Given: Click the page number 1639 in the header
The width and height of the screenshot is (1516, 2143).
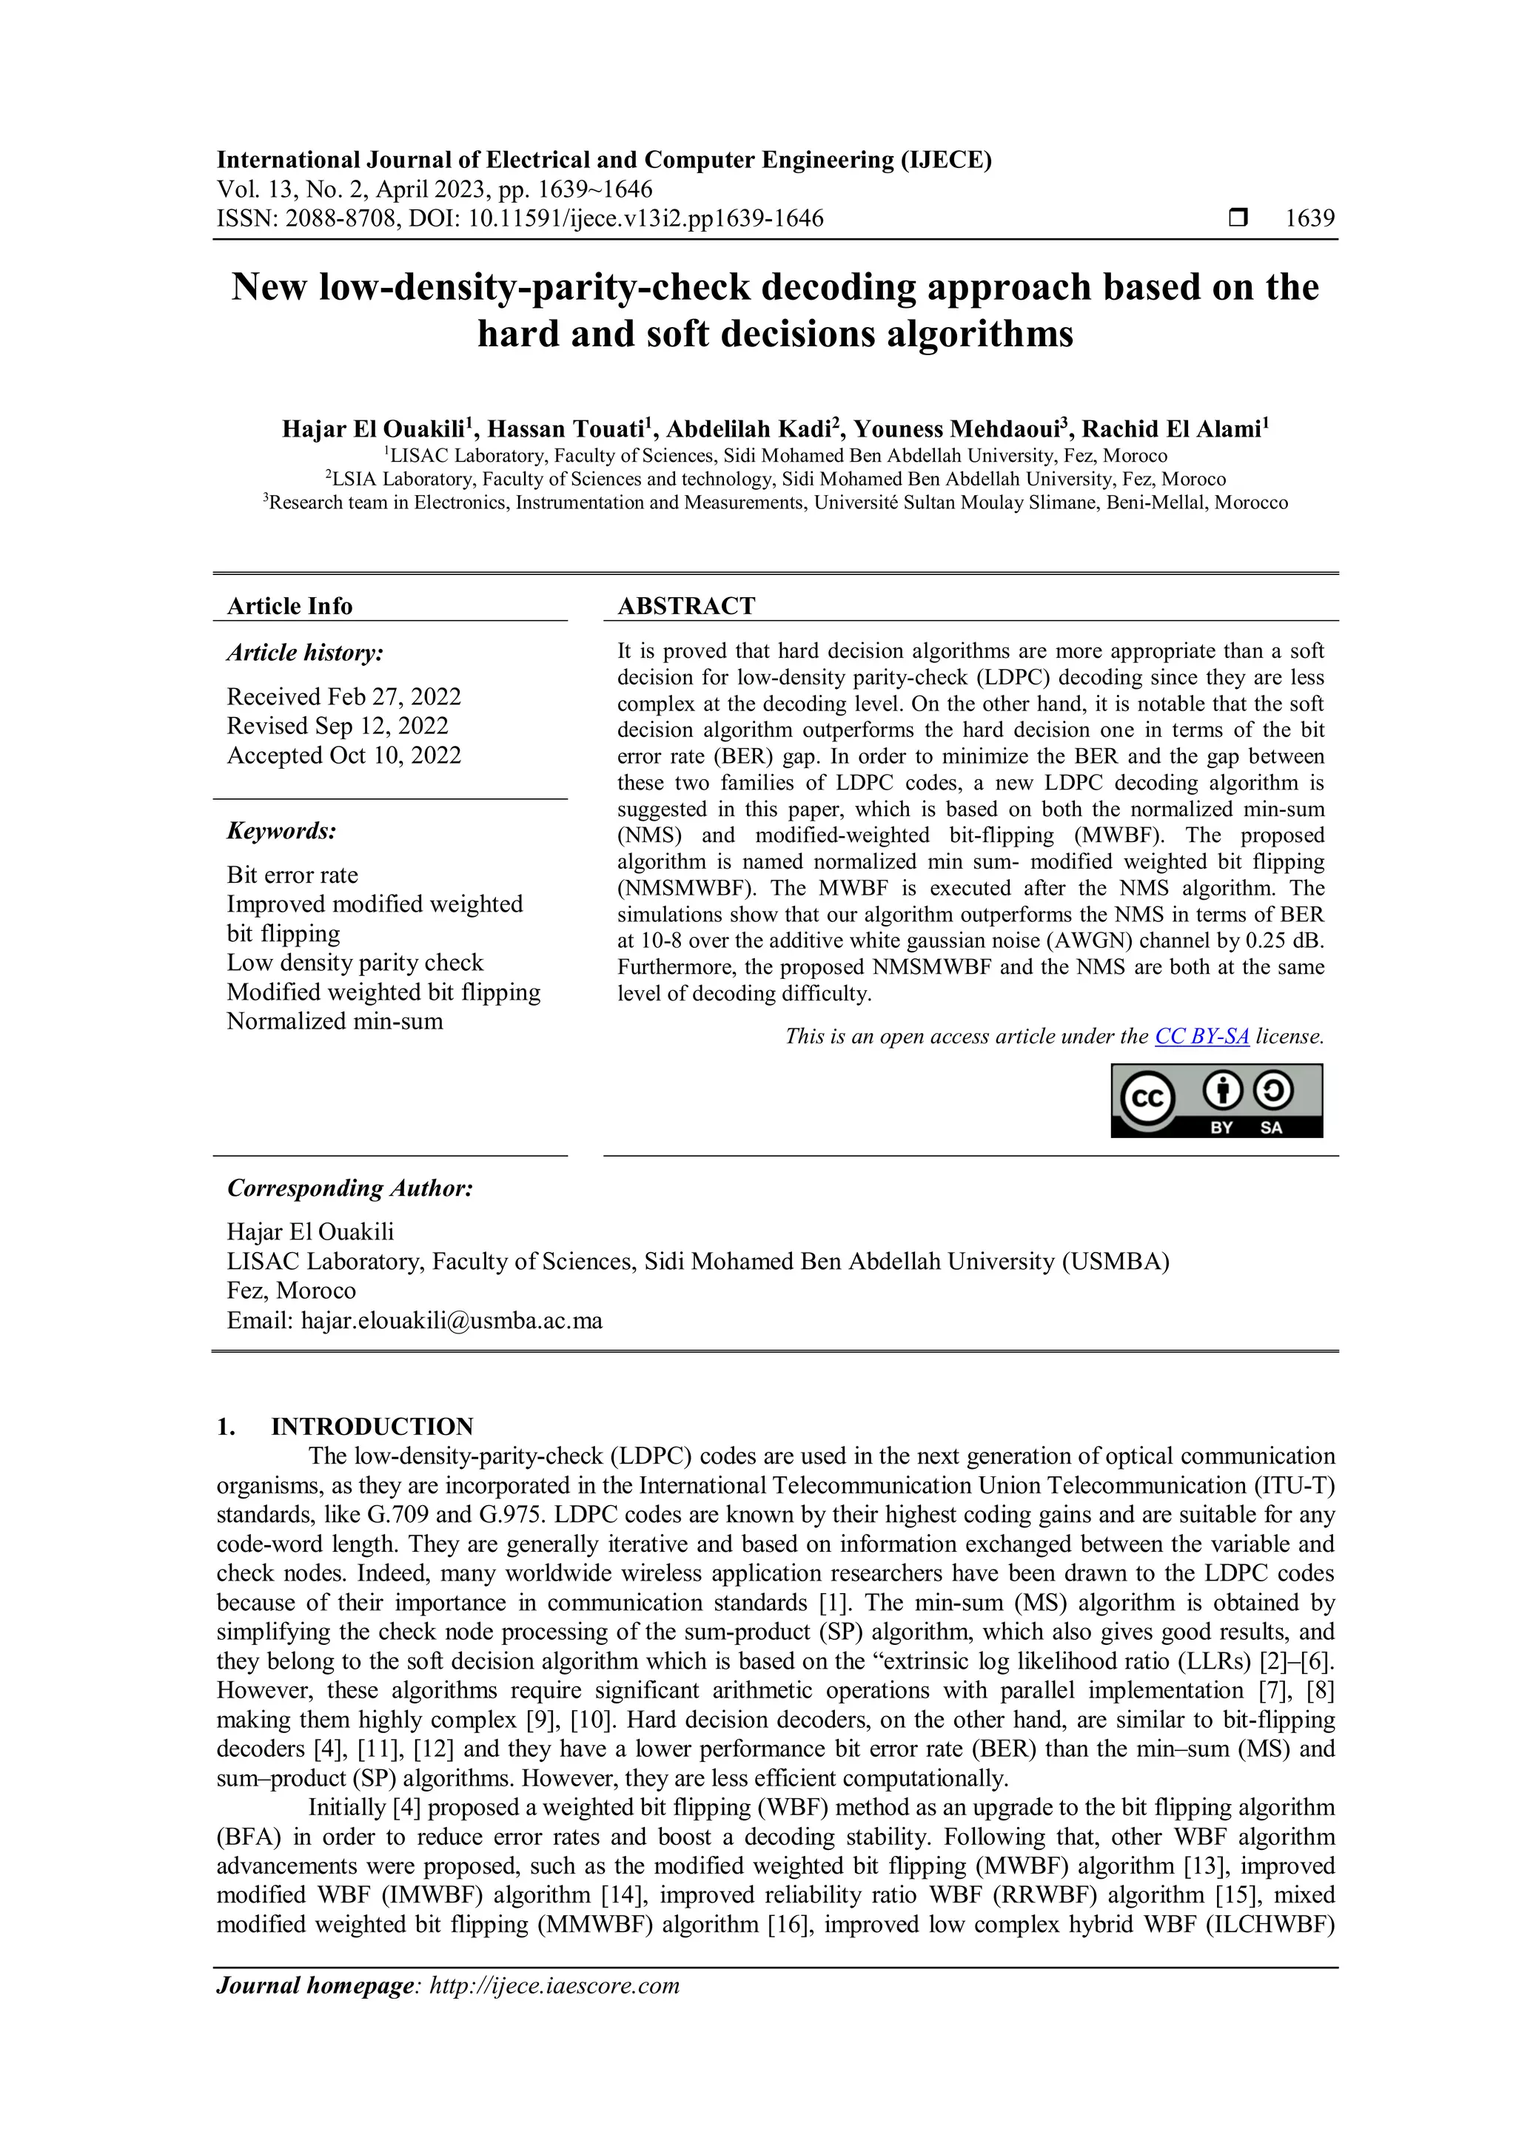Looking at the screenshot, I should (x=1309, y=218).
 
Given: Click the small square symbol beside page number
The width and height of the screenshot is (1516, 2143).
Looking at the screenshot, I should (x=1238, y=218).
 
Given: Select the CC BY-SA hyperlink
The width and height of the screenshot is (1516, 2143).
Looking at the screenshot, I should (x=1201, y=1036).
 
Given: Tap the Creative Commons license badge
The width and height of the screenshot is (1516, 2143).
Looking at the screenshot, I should (x=1216, y=1101).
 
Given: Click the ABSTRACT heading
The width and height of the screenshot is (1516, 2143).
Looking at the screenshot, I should (x=686, y=606).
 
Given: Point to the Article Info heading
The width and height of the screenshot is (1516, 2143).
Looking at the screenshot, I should (x=289, y=606).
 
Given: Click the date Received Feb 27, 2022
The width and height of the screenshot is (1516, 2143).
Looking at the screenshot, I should (x=343, y=696).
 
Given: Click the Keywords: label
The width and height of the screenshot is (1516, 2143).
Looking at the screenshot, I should (x=282, y=831).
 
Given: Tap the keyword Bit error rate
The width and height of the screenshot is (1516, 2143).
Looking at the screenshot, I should (x=292, y=875).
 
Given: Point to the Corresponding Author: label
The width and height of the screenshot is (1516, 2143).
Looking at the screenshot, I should (x=350, y=1188).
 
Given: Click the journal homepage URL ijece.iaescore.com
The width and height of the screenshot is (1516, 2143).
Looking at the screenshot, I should (x=554, y=1985).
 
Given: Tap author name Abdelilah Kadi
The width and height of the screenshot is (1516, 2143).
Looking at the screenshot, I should (x=746, y=429).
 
